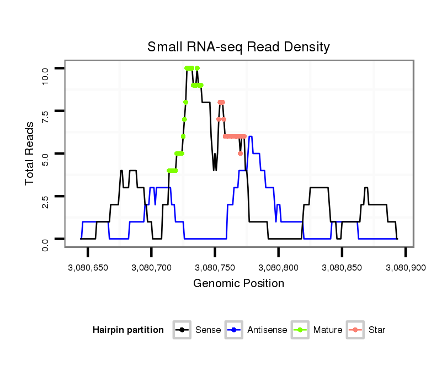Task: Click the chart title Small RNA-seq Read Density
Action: click(x=238, y=47)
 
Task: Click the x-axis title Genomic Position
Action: click(x=238, y=284)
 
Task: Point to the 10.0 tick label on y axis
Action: click(x=45, y=68)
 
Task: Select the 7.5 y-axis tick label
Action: click(x=45, y=111)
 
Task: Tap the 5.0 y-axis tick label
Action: click(x=45, y=154)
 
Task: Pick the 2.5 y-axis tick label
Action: click(x=45, y=197)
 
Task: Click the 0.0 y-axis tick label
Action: click(x=45, y=239)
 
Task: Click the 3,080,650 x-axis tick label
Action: click(x=88, y=268)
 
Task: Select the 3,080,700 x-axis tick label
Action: click(x=151, y=268)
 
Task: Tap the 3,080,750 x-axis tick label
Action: click(x=215, y=268)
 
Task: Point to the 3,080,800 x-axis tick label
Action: click(x=278, y=268)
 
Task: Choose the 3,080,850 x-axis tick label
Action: click(x=342, y=268)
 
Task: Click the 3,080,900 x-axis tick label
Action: click(x=405, y=268)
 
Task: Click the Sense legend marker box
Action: click(x=182, y=330)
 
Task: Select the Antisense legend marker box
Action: click(x=233, y=330)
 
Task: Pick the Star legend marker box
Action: click(x=355, y=330)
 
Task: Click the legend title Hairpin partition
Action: click(x=128, y=330)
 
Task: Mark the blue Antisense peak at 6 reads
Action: click(x=251, y=136)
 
